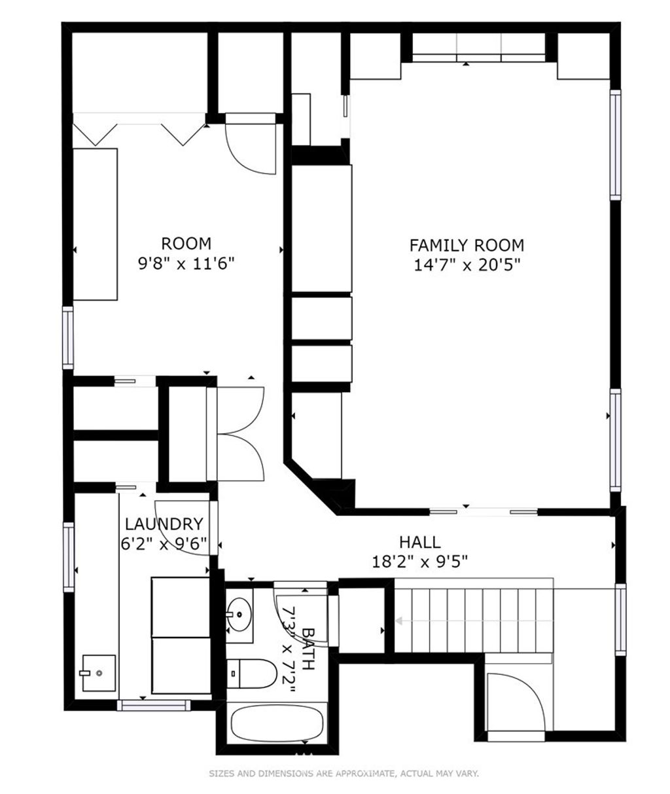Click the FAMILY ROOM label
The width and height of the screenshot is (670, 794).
tap(467, 245)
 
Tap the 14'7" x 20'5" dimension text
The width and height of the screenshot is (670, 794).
tap(467, 264)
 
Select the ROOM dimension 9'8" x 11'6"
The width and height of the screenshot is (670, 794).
tap(186, 262)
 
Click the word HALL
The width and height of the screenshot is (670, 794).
tap(420, 542)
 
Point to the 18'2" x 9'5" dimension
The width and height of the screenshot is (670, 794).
tap(419, 561)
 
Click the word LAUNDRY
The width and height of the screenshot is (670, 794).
tap(164, 524)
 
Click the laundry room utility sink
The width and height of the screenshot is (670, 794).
tap(99, 673)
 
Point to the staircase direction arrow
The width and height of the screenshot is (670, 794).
tap(474, 621)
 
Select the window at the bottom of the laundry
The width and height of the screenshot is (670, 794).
tap(154, 706)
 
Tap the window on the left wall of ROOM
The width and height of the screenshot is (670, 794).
tap(67, 338)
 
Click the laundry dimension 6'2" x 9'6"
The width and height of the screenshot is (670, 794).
tap(164, 543)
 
